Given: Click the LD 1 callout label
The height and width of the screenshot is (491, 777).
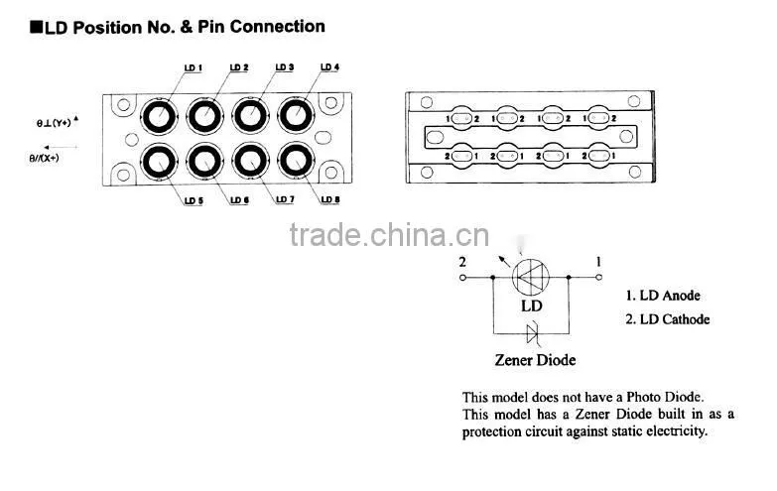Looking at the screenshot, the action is pyautogui.click(x=193, y=67).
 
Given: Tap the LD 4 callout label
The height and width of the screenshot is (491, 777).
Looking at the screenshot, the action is pyautogui.click(x=329, y=66).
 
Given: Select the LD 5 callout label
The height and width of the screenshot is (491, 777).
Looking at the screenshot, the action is pyautogui.click(x=194, y=200).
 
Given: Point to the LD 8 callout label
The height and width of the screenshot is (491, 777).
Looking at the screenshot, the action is pyautogui.click(x=330, y=199).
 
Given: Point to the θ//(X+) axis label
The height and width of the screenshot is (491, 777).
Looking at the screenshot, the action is pyautogui.click(x=44, y=158).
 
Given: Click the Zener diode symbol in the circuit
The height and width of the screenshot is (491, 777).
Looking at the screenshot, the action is pyautogui.click(x=532, y=333).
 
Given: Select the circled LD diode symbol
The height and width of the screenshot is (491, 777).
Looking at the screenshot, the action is pyautogui.click(x=530, y=277).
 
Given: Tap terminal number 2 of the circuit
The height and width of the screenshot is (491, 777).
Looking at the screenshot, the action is pyautogui.click(x=462, y=262).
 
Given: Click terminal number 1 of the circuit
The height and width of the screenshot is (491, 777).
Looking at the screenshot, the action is pyautogui.click(x=598, y=262).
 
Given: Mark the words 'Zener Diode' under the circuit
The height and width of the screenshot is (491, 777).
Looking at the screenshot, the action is pyautogui.click(x=535, y=360).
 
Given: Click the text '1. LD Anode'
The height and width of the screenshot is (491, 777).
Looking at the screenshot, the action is pyautogui.click(x=663, y=296).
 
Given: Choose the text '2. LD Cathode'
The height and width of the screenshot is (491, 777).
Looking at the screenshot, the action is pyautogui.click(x=667, y=319).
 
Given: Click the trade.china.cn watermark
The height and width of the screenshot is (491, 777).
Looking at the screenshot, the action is pyautogui.click(x=389, y=235).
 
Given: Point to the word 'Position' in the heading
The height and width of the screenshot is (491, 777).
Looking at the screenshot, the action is pyautogui.click(x=106, y=27).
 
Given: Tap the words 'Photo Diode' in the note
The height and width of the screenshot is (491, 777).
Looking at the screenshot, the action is pyautogui.click(x=665, y=397).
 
